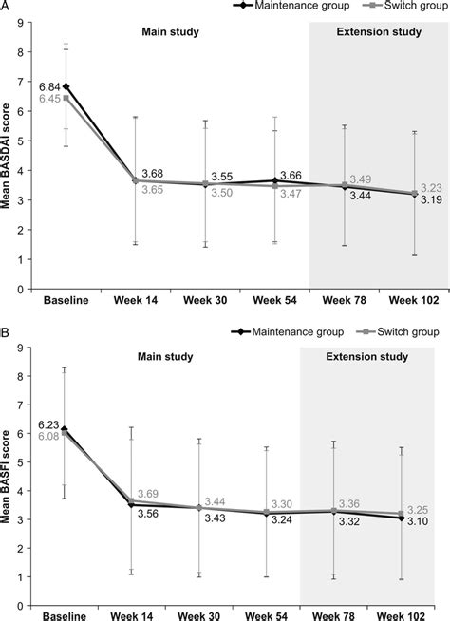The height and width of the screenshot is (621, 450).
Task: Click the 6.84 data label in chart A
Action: [49, 86]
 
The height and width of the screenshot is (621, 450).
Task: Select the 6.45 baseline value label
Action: [49, 98]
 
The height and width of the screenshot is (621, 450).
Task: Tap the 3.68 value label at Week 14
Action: [153, 174]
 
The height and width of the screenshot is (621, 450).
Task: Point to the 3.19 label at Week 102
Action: [431, 200]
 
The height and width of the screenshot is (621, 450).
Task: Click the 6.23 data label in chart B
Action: [48, 425]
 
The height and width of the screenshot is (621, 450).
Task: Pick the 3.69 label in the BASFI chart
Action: [148, 494]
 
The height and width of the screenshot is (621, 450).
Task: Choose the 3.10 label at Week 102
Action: [418, 521]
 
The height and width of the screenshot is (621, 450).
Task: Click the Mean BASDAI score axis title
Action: [6, 156]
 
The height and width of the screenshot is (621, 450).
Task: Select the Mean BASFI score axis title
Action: [6, 477]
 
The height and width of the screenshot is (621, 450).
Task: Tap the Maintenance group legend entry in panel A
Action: [291, 6]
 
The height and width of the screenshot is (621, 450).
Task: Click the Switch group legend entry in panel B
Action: [398, 331]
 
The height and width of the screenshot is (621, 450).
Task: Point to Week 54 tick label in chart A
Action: [274, 300]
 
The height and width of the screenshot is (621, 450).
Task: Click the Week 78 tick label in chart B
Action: [334, 616]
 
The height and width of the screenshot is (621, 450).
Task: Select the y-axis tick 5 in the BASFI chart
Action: [19, 462]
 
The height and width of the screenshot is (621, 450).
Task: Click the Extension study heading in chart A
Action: [379, 31]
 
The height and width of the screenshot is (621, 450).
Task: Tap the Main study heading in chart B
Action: [165, 356]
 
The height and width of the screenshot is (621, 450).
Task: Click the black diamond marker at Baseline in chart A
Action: [66, 86]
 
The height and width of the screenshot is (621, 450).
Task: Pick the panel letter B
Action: [5, 332]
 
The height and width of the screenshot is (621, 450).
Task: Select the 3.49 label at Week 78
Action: [361, 179]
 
